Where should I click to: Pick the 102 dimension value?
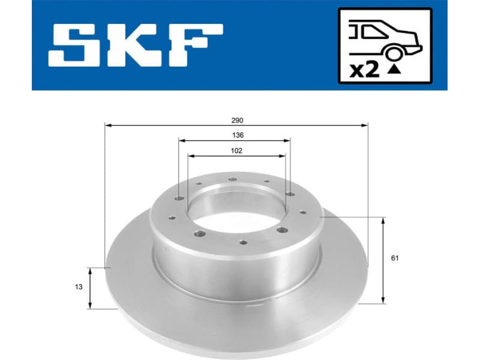[x=236, y=151]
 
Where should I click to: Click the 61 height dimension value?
[x=394, y=259]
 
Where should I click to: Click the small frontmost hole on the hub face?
[x=242, y=242]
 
